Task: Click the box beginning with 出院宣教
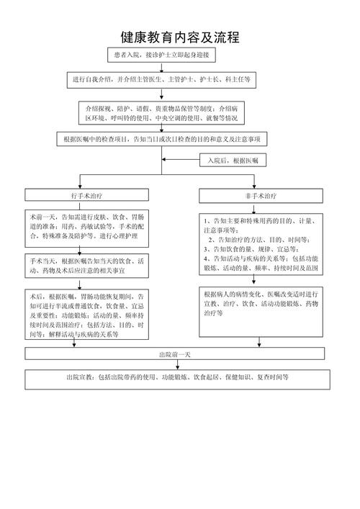pyautogui.click(x=176, y=379)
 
